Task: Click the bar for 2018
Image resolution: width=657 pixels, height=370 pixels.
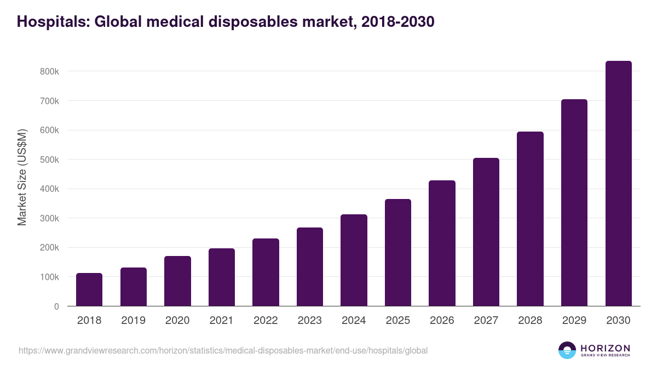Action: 89,289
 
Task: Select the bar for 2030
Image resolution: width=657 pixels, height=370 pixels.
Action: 619,184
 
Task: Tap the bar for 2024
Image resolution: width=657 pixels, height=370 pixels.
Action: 354,260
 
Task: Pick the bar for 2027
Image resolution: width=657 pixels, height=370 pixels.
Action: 486,232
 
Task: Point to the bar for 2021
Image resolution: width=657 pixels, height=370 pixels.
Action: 222,277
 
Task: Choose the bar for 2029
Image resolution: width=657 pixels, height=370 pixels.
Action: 574,203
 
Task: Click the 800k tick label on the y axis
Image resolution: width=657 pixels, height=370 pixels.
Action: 49,72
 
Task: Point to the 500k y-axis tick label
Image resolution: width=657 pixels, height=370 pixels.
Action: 49,160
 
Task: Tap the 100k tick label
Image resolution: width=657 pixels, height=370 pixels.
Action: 49,277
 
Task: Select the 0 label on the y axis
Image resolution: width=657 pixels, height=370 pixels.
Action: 56,306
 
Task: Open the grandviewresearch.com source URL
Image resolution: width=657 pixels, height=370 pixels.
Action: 223,350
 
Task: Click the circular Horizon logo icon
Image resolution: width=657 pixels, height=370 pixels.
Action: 567,350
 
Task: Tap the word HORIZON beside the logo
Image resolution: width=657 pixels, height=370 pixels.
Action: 605,348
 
